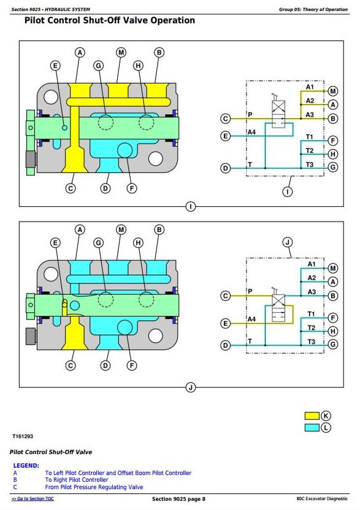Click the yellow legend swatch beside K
[312, 415]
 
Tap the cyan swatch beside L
[312, 427]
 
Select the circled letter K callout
[326, 415]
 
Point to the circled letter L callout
[326, 428]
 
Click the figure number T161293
[23, 436]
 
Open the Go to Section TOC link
[33, 498]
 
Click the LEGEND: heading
[26, 465]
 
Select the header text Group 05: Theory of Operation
[313, 9]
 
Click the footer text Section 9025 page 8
[178, 499]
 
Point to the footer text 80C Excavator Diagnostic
[322, 498]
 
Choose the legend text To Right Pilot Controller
[77, 480]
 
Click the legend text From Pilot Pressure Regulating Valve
[94, 487]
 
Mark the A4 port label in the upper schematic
[251, 132]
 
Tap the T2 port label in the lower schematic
[311, 328]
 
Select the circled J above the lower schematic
[288, 242]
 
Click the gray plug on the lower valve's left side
[31, 336]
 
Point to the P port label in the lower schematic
[250, 291]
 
